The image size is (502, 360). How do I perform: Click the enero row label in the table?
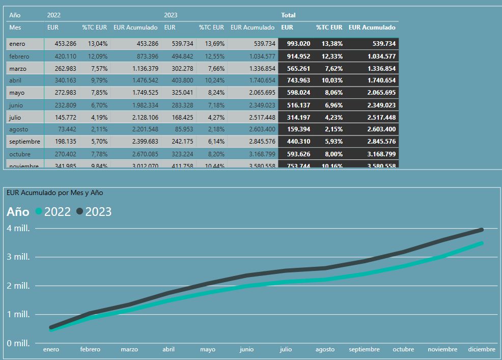point(17,44)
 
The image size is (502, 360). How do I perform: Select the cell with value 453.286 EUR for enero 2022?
point(65,44)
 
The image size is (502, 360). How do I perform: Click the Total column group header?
point(288,15)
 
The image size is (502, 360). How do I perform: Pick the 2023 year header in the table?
point(171,15)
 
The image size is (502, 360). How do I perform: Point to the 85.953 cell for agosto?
point(182,129)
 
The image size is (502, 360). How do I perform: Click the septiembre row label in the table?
point(24,142)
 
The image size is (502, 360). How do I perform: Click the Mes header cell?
point(15,27)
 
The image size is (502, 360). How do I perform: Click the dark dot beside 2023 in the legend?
point(80,212)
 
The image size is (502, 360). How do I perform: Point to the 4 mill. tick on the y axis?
point(18,228)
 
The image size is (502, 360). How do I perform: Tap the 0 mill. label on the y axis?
point(18,343)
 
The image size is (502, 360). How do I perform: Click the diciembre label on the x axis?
point(482,349)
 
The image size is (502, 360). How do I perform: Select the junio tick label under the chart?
point(246,349)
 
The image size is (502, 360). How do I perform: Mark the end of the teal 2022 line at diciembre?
point(481,243)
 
